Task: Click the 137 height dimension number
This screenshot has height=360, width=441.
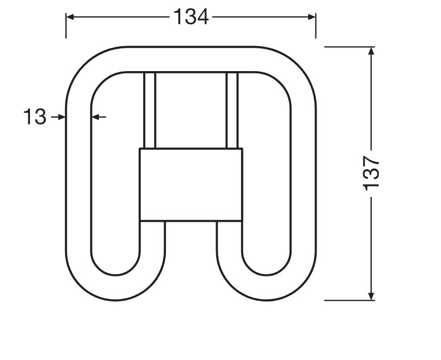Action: (x=371, y=173)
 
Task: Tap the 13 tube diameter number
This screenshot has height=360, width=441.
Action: (x=34, y=117)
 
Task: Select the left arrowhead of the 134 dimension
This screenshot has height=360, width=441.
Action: (x=70, y=17)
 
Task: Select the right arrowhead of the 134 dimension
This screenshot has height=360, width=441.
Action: (x=312, y=17)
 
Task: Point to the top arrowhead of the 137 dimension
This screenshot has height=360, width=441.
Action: (x=371, y=51)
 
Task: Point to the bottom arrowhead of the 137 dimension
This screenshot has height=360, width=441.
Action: (x=371, y=296)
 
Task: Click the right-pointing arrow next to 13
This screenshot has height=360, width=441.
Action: (x=58, y=117)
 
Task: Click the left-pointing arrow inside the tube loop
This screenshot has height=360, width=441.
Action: (x=99, y=117)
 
